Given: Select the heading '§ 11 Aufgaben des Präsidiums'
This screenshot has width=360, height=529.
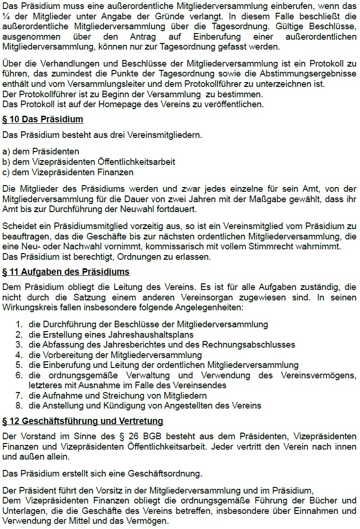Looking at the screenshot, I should point(66,272).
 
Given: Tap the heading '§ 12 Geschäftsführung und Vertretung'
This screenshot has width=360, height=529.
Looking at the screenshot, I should point(83,420).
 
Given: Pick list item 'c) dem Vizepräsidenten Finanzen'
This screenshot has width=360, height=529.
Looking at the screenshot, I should point(68,172).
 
